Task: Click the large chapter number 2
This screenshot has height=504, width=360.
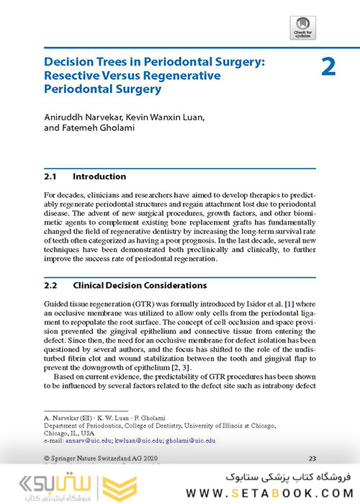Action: [x=328, y=67]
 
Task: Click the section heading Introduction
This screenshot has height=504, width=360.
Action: [x=99, y=176]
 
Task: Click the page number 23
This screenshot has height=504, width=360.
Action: [x=312, y=458]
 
